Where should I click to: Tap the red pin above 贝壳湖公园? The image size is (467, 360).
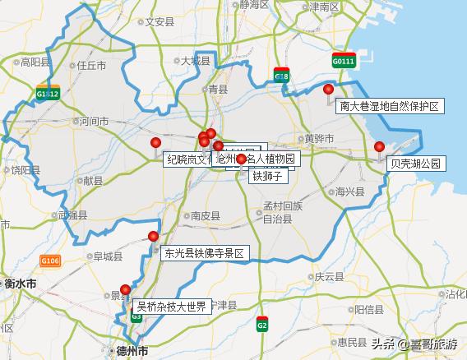click(379, 147)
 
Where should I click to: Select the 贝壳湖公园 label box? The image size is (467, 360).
click(416, 164)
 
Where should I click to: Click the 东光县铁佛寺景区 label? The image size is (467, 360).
click(204, 254)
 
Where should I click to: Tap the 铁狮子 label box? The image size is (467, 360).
click(267, 175)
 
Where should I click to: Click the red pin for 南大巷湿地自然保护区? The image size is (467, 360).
click(329, 90)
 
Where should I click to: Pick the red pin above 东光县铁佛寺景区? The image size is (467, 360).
click(154, 237)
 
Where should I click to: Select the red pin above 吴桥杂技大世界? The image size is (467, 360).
click(125, 288)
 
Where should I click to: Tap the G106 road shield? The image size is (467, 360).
click(49, 261)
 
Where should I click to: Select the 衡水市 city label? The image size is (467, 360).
click(20, 284)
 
